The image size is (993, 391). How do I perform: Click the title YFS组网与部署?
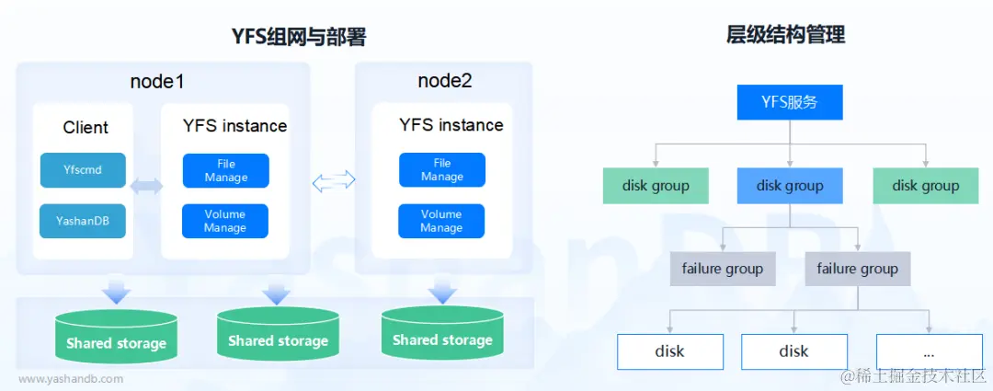[298, 37]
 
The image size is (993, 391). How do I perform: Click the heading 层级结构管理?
[785, 36]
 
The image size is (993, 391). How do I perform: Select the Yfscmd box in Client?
[83, 169]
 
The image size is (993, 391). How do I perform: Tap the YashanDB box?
[83, 221]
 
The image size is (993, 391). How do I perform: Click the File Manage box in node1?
[225, 170]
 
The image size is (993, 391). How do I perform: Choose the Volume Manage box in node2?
[440, 221]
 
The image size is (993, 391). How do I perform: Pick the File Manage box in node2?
[441, 170]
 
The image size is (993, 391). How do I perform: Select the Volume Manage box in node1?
[225, 221]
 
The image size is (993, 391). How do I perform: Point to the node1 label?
[157, 81]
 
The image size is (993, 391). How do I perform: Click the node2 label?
[444, 81]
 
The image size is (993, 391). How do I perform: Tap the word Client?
[86, 128]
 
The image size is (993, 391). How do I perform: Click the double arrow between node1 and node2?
[333, 182]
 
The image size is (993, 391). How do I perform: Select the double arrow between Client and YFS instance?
[147, 187]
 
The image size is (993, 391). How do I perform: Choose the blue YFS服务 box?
[789, 102]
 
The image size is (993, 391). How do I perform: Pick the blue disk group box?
[789, 186]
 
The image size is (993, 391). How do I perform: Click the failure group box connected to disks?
[857, 269]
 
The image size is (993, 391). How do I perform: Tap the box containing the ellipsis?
[928, 351]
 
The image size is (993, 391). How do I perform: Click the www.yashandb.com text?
[71, 378]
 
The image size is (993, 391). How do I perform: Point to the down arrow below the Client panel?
[117, 292]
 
